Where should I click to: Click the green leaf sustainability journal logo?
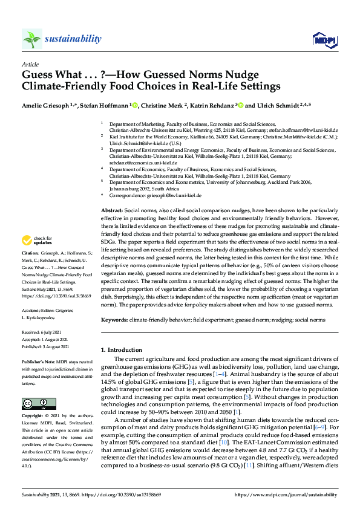[32, 39]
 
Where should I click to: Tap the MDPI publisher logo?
[324, 40]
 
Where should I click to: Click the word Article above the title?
[30, 63]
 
